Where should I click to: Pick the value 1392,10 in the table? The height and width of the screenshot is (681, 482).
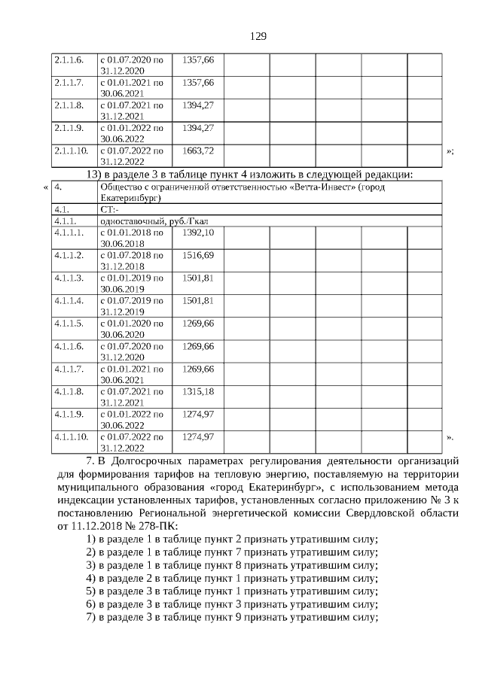coord(198,233)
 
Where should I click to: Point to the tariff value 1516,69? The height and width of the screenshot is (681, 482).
coord(198,256)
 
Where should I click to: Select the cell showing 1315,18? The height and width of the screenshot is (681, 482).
coord(198,391)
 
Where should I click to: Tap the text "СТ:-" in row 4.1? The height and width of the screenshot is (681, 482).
coord(108,210)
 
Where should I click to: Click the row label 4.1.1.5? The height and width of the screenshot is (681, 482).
coord(69,324)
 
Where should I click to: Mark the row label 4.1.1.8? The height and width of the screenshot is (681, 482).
coord(69,391)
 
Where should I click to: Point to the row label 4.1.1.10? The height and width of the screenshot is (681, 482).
coord(72,436)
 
